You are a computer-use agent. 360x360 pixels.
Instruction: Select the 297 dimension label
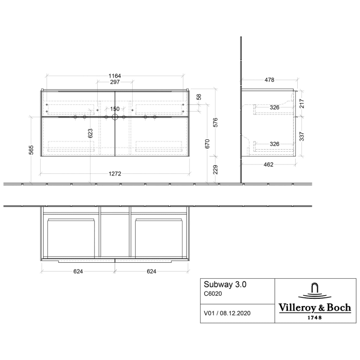pyautogui.click(x=115, y=82)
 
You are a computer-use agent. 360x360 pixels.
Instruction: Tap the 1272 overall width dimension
pyautogui.click(x=115, y=173)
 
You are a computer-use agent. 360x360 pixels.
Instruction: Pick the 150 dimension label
pyautogui.click(x=115, y=109)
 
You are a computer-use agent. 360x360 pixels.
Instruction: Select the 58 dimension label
pyautogui.click(x=199, y=97)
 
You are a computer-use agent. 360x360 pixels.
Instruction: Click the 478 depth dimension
pyautogui.click(x=269, y=80)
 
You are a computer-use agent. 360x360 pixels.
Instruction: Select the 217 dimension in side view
pyautogui.click(x=302, y=103)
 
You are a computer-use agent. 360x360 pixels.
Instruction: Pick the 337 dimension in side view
pyautogui.click(x=302, y=136)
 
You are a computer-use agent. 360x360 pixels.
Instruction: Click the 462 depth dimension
pyautogui.click(x=268, y=165)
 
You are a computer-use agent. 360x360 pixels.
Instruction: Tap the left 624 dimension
pyautogui.click(x=77, y=271)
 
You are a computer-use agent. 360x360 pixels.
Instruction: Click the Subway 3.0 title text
pyautogui.click(x=222, y=284)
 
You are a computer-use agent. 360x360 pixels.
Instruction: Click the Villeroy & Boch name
pyautogui.click(x=315, y=308)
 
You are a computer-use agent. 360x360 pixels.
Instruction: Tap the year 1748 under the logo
pyautogui.click(x=315, y=317)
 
